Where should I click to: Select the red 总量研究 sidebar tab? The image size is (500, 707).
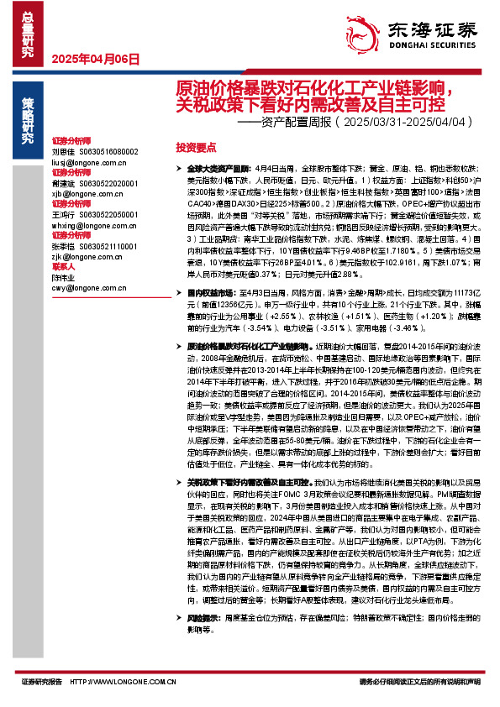[28, 29]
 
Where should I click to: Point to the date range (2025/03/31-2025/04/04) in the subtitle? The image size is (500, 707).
[403, 122]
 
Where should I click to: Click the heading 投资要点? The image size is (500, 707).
[196, 146]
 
